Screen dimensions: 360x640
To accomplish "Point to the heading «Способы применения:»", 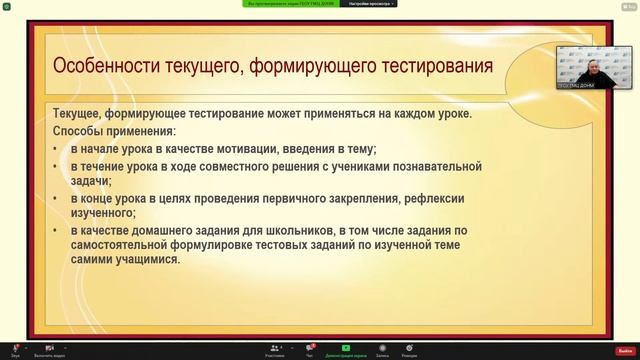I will pos(114,131).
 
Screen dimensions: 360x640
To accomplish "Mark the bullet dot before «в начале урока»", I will pos(56,149).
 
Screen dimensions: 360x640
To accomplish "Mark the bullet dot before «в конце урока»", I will pos(56,199).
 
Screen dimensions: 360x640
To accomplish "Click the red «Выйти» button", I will pos(625,349).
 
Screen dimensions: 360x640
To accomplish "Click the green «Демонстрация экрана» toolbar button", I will pos(346,349).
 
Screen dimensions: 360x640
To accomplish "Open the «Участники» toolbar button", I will pos(274,349).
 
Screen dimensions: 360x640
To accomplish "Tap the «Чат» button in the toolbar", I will pos(310,349).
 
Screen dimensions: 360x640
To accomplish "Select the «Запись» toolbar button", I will pos(382,349).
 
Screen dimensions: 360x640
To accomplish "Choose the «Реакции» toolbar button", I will pos(409,349).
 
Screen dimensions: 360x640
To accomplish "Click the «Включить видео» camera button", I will pos(49,349).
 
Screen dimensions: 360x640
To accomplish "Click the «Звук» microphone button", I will pos(15,349).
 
